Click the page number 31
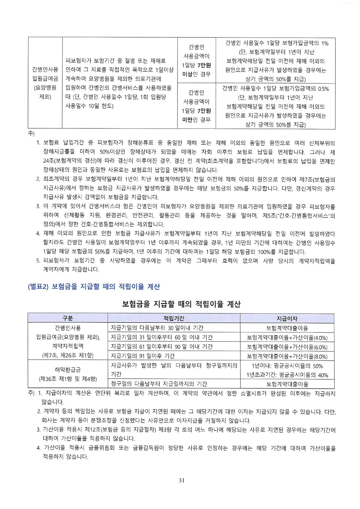(182, 480)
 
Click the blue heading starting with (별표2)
(94, 287)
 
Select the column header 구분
(68, 318)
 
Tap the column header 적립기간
(174, 318)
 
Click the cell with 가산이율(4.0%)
(287, 338)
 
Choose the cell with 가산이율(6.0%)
(287, 347)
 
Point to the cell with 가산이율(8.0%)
(287, 356)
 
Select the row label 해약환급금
(68, 370)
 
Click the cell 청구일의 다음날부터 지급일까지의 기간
(159, 384)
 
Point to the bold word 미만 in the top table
(187, 120)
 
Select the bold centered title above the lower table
(181, 304)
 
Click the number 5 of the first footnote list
(38, 261)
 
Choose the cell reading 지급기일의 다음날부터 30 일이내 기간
(157, 328)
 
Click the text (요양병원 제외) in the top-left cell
(45, 92)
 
